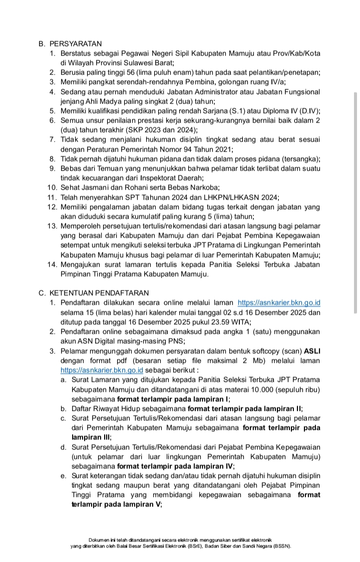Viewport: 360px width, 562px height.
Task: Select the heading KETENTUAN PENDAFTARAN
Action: (x=95, y=293)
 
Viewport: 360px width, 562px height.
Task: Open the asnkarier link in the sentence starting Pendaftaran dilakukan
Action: (x=279, y=303)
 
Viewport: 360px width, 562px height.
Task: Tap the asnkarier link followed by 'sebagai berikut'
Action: (x=102, y=370)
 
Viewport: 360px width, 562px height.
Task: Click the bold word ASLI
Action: (x=312, y=351)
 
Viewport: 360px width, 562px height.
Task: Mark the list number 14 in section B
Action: (x=53, y=264)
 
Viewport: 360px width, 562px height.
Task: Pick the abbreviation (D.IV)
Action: (x=310, y=111)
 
